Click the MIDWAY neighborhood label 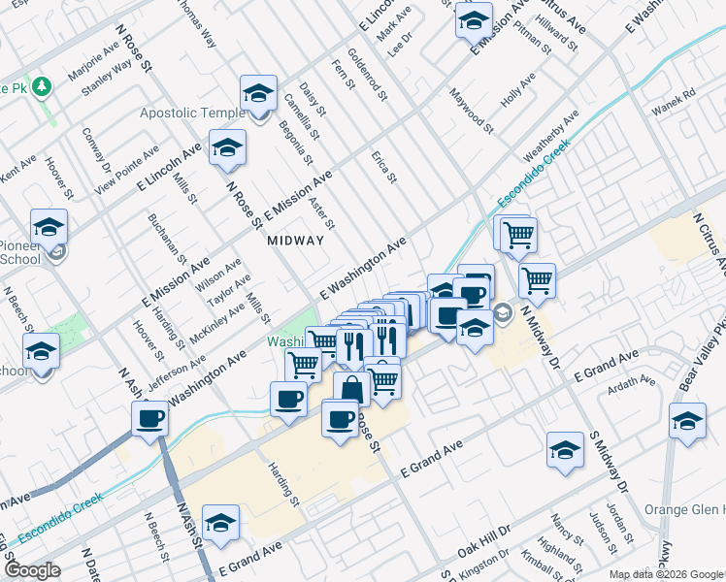(x=294, y=240)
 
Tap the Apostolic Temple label (x=193, y=113)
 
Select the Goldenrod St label (x=368, y=77)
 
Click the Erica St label (x=384, y=166)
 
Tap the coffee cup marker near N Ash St (x=149, y=418)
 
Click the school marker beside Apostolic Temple (x=258, y=93)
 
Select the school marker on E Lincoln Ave (x=227, y=147)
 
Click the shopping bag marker (x=351, y=390)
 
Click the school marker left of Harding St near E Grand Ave (x=221, y=522)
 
